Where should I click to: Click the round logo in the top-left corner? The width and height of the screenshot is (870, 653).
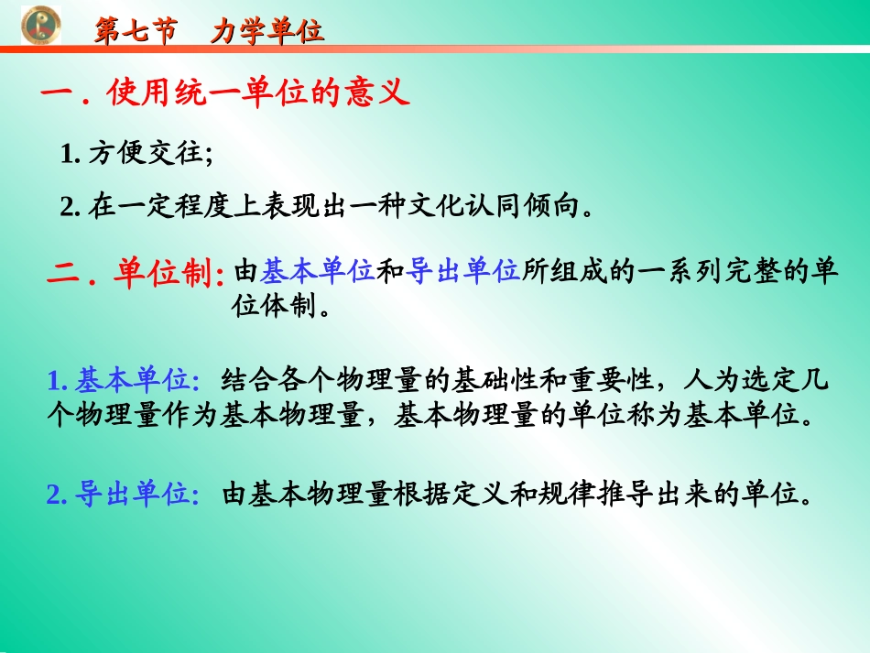point(40,23)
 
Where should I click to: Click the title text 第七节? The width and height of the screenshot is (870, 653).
point(136,32)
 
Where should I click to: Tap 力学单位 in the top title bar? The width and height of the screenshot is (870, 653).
point(266,32)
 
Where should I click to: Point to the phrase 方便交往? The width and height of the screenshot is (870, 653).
point(147,154)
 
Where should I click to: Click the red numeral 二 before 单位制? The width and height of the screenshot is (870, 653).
point(64,274)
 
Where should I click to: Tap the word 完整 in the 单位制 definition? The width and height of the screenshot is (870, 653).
point(732,271)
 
